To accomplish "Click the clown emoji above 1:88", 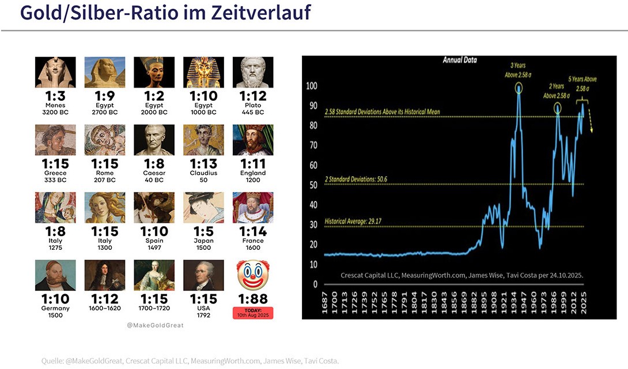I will tap(253, 275).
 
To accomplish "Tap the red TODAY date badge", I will tap(253, 313).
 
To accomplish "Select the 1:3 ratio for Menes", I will tap(56, 95).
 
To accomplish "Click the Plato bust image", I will tap(253, 72).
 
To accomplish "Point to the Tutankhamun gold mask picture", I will tap(203, 72).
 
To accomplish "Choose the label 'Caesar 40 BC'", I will tap(154, 176).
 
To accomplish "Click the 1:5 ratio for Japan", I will tap(203, 231).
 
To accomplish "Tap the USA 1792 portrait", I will tap(203, 275).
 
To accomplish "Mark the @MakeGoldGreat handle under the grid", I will tap(155, 325).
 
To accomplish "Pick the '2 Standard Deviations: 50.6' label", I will tap(364, 179).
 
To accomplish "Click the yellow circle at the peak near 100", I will tap(519, 88).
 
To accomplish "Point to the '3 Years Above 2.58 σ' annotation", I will tap(517, 70).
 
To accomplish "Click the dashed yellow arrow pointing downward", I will tap(590, 123).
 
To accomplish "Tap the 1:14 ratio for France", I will tap(253, 231).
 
